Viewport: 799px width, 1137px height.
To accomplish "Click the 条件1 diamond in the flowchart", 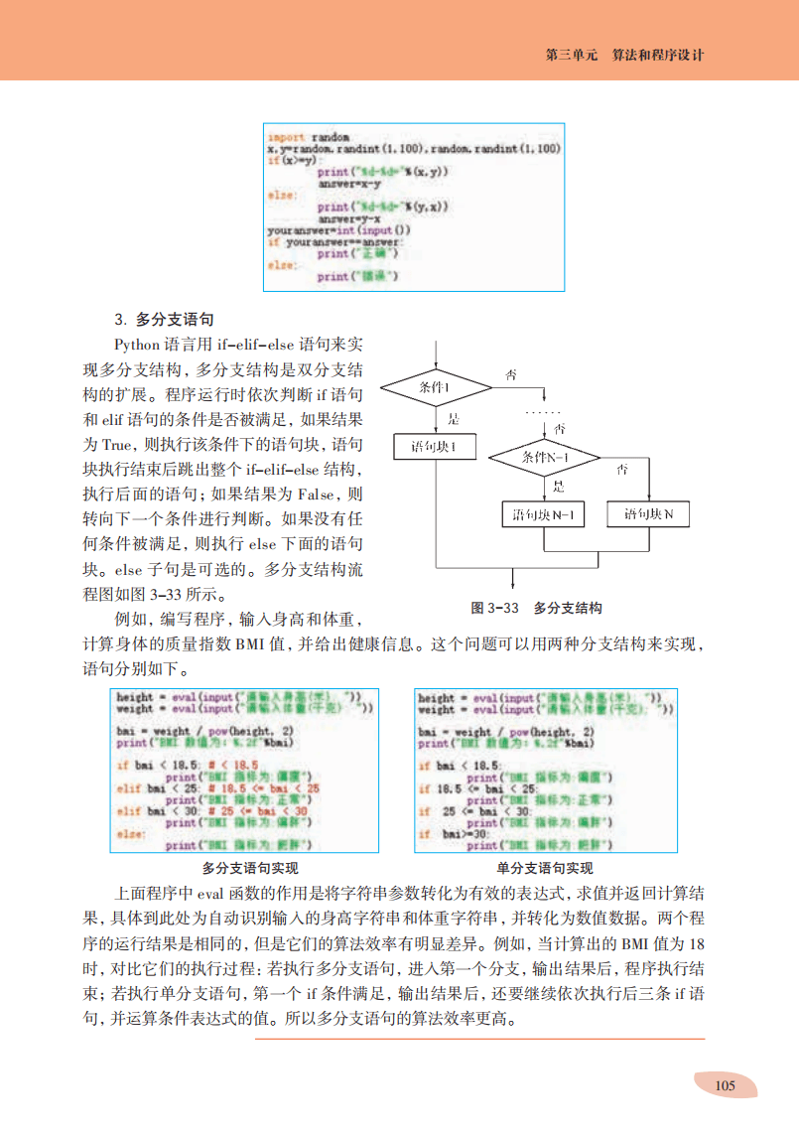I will coord(436,387).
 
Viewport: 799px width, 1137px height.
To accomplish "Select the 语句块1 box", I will coord(434,447).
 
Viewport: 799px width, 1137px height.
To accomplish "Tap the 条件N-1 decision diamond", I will coord(544,458).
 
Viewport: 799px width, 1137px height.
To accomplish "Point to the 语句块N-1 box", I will coord(544,515).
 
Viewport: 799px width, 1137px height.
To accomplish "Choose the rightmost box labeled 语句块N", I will coord(648,514).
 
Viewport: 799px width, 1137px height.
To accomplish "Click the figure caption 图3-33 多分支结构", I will coord(536,608).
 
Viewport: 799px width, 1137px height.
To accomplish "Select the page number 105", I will coord(725,1084).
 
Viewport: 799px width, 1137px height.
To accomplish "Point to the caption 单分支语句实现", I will coord(545,867).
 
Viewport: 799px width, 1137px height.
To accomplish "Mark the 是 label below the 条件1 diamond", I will coord(453,419).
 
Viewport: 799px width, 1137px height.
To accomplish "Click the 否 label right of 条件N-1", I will coord(621,468).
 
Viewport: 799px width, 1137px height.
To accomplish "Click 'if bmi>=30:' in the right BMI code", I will coord(444,834).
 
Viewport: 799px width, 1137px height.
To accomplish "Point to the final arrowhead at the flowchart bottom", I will coord(512,585).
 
